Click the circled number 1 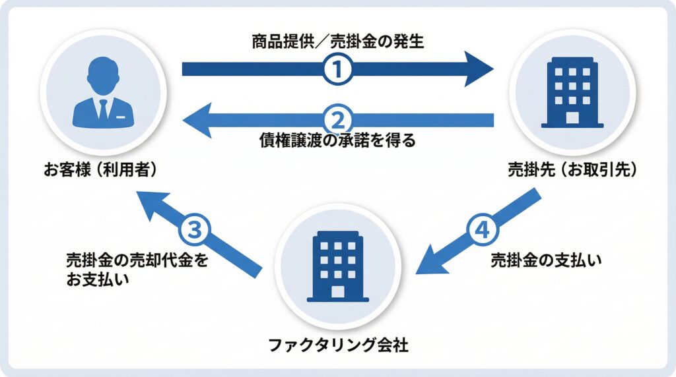[337, 69]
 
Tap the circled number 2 [337, 119]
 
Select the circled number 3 [195, 231]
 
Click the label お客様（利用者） [100, 169]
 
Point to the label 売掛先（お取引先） [572, 169]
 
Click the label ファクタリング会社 [338, 344]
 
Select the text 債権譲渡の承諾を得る [337, 140]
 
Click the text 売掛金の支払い [547, 260]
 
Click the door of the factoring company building [338, 291]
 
